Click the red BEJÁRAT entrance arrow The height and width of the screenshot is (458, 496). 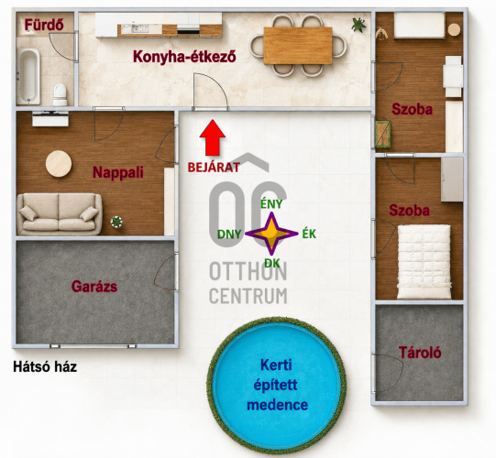[x=213, y=137]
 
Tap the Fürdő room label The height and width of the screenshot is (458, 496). [x=44, y=25]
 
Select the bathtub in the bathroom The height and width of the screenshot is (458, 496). [x=28, y=76]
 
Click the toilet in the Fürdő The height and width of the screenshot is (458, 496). [x=61, y=94]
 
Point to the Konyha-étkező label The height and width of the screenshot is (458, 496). [x=184, y=57]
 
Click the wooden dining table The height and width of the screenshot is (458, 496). [x=298, y=46]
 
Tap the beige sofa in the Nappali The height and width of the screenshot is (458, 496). [x=60, y=214]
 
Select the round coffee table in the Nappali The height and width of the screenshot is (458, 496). [x=59, y=164]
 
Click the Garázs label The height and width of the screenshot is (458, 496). [x=94, y=287]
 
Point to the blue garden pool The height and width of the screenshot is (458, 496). [x=276, y=386]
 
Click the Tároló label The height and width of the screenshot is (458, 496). [x=420, y=353]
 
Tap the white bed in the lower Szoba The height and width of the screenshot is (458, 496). [x=424, y=262]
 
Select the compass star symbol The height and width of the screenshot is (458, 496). [x=271, y=234]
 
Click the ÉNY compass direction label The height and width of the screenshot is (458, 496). [x=271, y=204]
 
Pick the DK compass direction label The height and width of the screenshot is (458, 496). [x=271, y=263]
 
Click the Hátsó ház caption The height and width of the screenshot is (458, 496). [x=45, y=367]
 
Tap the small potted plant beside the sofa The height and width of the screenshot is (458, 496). [x=116, y=222]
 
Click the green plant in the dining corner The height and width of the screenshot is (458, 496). [x=358, y=25]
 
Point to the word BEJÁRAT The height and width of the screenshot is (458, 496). [x=214, y=168]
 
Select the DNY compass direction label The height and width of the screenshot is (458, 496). [x=229, y=234]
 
